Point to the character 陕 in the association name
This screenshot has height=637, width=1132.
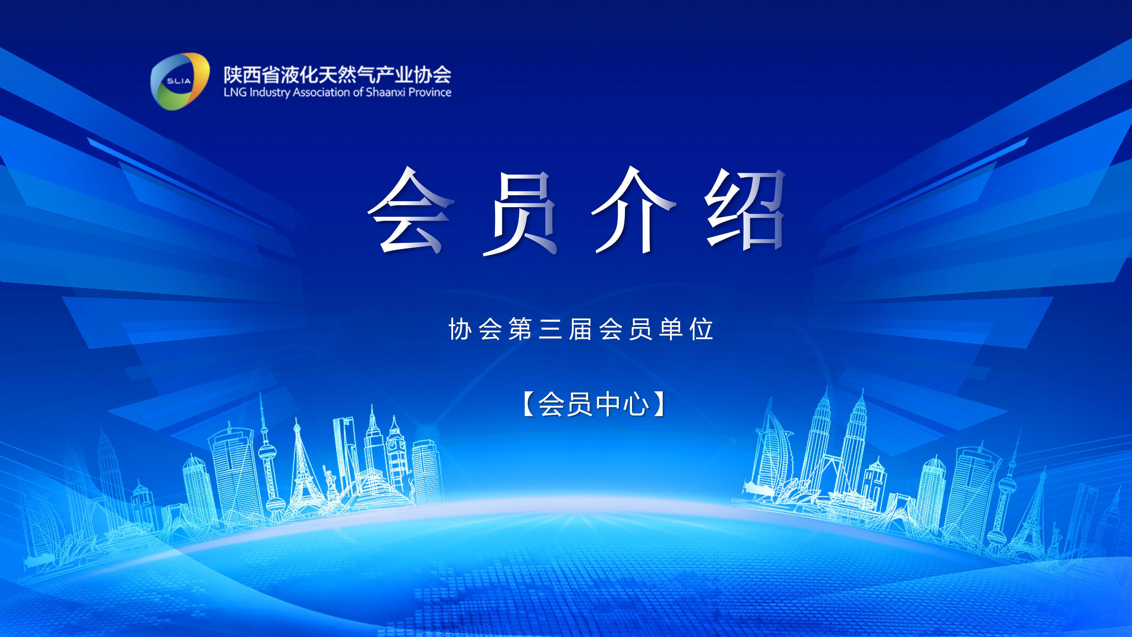point(233,75)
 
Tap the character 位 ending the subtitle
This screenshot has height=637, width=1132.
point(701,329)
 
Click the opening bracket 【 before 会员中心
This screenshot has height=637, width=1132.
point(528,404)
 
